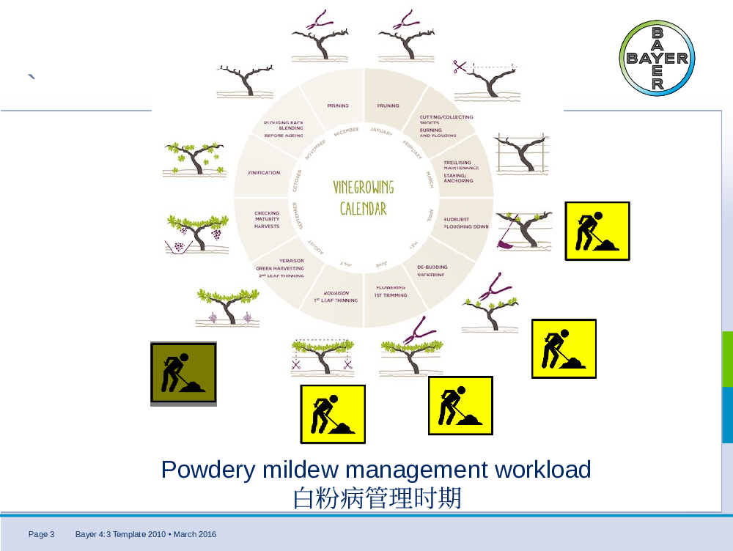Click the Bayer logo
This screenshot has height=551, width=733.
657,59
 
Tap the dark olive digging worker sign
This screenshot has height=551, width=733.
183,373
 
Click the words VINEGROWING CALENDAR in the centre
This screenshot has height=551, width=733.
364,198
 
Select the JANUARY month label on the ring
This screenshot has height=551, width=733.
382,131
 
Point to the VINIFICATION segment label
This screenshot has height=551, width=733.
264,173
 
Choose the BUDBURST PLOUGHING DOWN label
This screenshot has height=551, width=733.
466,223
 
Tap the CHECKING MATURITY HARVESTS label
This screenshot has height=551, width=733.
267,220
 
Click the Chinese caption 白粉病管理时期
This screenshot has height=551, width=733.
377,498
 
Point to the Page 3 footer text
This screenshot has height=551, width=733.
42,534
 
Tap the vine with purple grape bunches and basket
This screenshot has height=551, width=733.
195,233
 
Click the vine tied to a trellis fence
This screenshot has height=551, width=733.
522,155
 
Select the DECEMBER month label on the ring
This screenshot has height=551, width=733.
345,131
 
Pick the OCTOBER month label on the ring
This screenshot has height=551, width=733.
297,180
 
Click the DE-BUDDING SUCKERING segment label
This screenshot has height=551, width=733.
432,271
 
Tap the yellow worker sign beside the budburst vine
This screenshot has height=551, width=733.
597,231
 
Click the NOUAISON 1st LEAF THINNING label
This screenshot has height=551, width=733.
336,297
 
